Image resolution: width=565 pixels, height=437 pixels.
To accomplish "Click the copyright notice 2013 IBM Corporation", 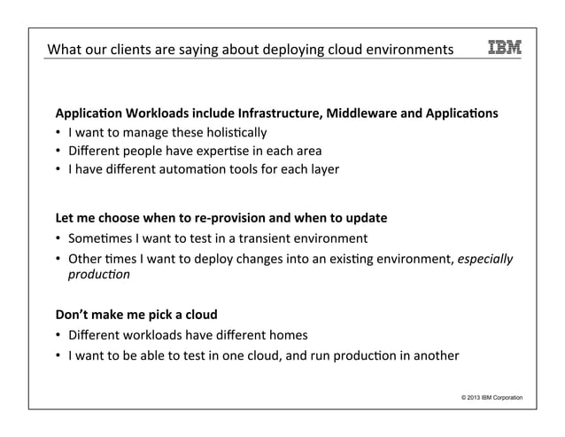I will click(x=486, y=396).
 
